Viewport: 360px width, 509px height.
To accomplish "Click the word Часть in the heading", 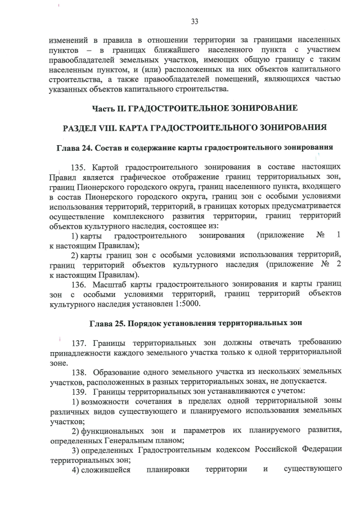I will point(105,107).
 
